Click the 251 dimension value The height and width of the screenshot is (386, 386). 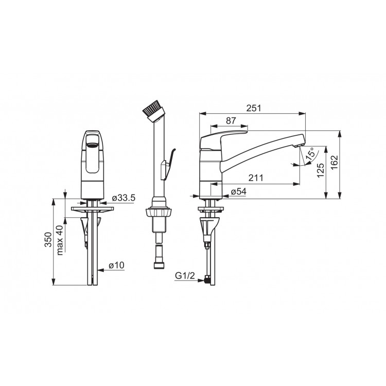point(253,108)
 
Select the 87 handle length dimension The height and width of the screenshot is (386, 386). point(231,120)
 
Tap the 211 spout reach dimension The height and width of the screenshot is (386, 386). point(256,178)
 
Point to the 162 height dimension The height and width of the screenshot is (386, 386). point(335,162)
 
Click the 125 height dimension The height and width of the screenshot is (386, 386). point(320,170)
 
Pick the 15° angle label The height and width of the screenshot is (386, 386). point(310,154)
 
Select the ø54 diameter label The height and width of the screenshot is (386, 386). point(238,191)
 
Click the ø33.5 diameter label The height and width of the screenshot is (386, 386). point(124,198)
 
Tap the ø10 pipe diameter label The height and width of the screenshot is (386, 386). point(116,266)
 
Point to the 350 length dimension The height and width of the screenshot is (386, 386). point(48,239)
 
